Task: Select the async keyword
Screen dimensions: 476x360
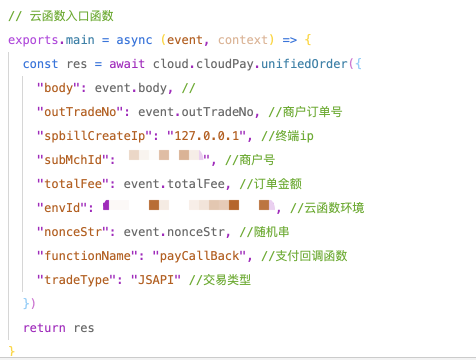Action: tap(134, 40)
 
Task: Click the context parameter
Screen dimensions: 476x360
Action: tap(243, 40)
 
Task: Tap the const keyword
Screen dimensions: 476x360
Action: tap(40, 64)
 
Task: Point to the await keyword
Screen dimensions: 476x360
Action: tap(127, 64)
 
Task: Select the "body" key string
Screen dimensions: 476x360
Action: tap(58, 88)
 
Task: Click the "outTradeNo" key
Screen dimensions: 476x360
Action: tap(80, 112)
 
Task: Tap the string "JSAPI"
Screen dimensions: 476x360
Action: tap(155, 280)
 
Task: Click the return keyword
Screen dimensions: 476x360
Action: tap(44, 328)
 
